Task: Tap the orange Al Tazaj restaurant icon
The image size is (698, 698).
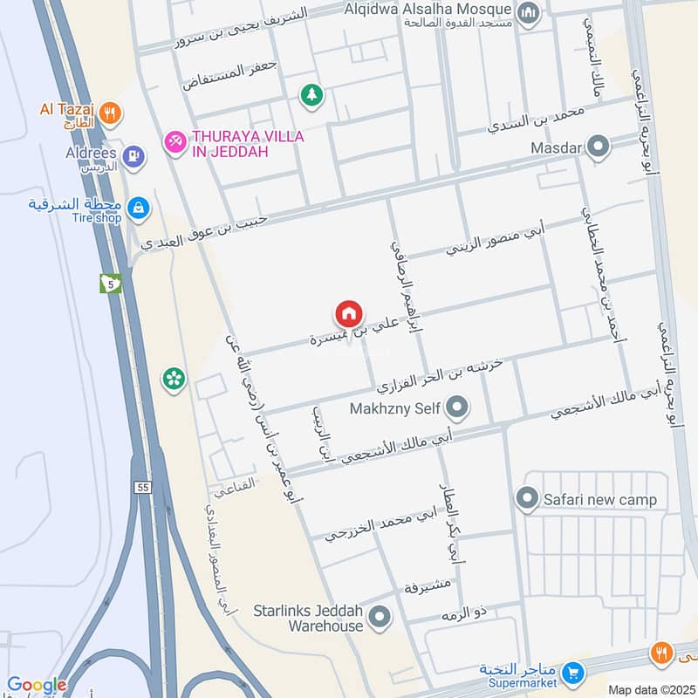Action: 110,112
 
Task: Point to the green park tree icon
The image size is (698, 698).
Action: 311,95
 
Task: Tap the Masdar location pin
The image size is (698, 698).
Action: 598,147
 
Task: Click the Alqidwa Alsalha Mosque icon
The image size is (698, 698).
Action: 528,13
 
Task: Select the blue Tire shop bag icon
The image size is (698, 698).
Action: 138,208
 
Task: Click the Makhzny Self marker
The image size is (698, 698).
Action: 456,407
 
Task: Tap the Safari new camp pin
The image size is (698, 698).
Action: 526,500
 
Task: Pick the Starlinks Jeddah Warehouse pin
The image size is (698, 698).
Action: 379,619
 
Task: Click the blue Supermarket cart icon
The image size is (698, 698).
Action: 573,672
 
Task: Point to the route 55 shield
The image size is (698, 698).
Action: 143,488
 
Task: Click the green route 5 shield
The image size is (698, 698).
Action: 110,284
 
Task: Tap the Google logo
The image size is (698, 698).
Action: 37,686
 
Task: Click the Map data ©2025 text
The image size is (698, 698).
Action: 651,689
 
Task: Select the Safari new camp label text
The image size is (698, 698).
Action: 600,501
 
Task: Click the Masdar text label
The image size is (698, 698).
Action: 556,148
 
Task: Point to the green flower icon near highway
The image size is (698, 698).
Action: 174,379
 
